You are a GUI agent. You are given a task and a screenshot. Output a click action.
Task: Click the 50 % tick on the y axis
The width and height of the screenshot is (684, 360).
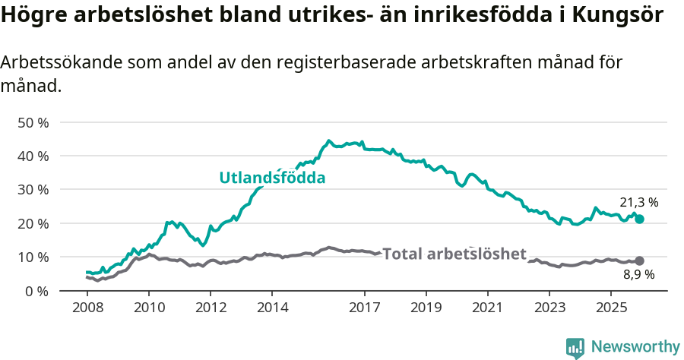click(x=32, y=122)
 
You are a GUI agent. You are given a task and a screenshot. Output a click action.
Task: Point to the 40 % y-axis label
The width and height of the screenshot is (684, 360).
click(x=32, y=156)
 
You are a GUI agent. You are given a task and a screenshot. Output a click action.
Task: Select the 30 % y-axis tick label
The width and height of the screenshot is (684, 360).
click(x=32, y=189)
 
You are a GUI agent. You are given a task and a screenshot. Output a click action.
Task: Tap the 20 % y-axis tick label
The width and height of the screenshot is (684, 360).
click(x=32, y=223)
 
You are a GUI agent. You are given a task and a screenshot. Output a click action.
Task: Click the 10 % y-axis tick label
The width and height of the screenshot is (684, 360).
click(x=32, y=257)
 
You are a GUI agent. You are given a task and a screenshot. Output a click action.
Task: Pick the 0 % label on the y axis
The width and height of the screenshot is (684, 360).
click(x=36, y=290)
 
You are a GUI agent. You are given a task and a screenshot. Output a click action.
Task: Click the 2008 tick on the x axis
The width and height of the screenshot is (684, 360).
click(x=87, y=308)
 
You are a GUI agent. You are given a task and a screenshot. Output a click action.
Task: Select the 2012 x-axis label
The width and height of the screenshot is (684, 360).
click(x=211, y=308)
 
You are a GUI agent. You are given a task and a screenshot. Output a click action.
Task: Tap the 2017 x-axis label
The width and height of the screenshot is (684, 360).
click(x=364, y=308)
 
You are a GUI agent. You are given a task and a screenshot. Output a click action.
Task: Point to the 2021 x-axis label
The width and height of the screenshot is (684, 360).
click(x=487, y=308)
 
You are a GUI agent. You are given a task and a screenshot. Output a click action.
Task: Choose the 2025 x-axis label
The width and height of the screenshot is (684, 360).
click(x=610, y=308)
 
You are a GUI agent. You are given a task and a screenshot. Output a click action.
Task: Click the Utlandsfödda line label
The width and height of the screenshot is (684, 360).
click(x=272, y=178)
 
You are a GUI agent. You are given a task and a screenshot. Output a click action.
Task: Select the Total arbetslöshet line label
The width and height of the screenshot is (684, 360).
click(x=454, y=254)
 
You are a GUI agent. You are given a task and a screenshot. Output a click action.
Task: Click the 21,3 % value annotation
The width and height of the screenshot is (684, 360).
click(x=638, y=203)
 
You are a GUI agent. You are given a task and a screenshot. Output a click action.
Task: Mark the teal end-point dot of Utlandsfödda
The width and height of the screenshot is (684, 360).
click(x=639, y=219)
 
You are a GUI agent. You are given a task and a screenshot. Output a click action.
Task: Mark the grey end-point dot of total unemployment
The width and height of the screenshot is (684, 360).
click(x=639, y=261)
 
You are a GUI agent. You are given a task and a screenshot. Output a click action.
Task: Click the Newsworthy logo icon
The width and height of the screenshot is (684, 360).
click(x=575, y=347)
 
